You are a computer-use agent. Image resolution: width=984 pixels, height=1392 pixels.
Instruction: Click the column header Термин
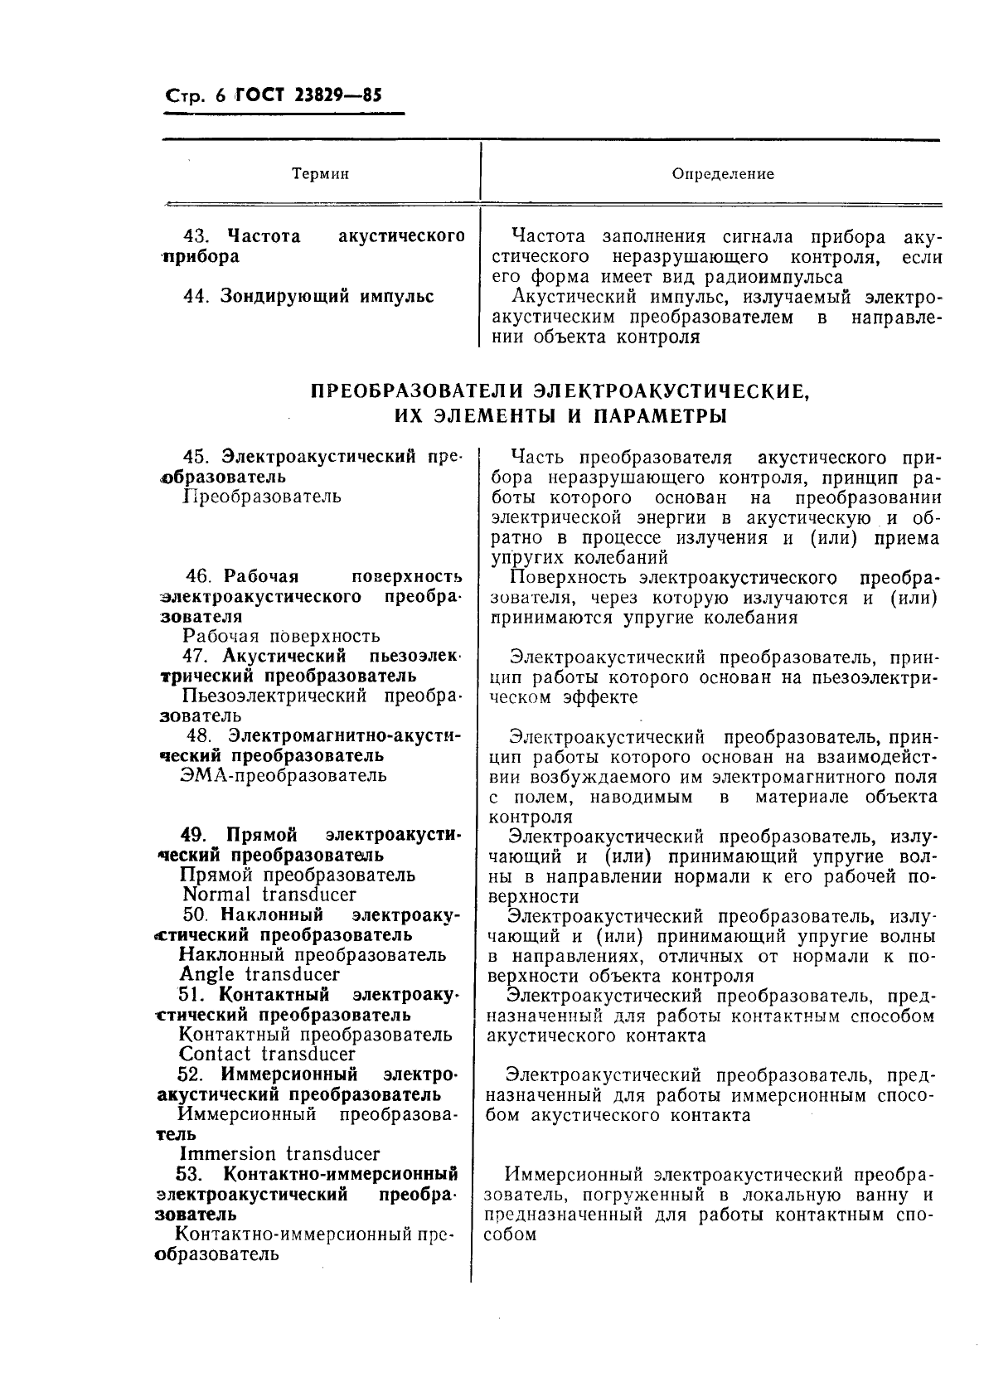click(x=320, y=174)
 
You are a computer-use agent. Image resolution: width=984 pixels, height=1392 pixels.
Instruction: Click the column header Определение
click(x=723, y=174)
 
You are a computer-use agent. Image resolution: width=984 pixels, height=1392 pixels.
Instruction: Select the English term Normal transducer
click(x=269, y=895)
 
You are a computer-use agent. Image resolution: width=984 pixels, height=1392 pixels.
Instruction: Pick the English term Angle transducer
click(x=259, y=974)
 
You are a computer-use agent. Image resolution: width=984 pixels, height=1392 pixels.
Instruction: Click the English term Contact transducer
click(x=267, y=1054)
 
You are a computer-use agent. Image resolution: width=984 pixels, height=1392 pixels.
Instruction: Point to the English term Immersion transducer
click(x=279, y=1153)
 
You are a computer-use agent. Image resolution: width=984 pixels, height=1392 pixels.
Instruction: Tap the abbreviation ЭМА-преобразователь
click(x=283, y=775)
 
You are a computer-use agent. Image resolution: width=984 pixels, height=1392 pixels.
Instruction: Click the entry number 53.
click(x=191, y=1174)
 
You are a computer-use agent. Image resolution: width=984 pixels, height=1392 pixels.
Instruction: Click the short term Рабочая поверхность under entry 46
click(x=280, y=636)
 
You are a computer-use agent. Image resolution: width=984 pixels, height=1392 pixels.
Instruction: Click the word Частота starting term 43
click(x=264, y=236)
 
